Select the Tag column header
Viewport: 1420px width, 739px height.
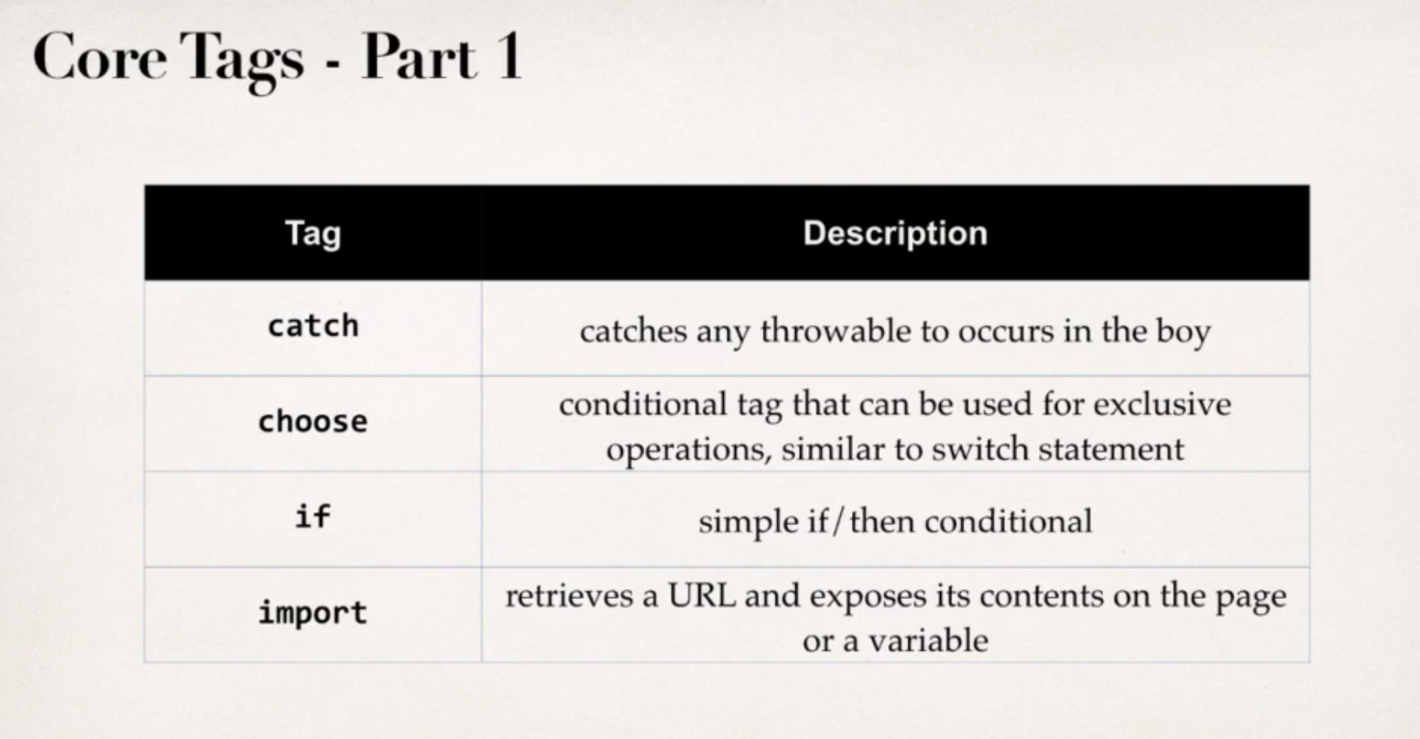[313, 233]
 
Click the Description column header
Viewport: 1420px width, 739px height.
[895, 233]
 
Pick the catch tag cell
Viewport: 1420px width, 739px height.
[313, 326]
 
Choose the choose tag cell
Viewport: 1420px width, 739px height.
[313, 421]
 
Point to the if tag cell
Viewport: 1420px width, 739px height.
[313, 516]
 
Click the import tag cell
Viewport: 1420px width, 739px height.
[313, 613]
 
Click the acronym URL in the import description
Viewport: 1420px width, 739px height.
[701, 596]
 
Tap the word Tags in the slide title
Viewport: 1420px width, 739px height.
[242, 58]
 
